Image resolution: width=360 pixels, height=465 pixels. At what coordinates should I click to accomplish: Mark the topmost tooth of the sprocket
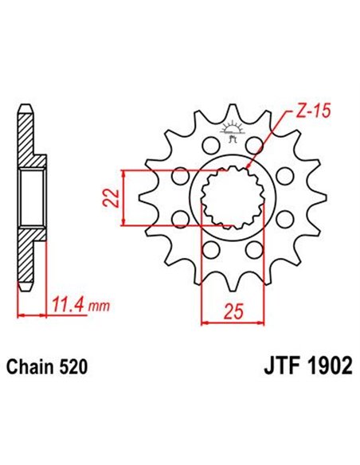point(232,111)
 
